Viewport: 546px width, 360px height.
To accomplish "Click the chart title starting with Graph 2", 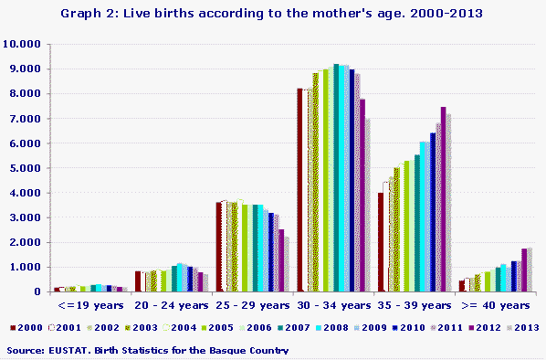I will [x=273, y=14].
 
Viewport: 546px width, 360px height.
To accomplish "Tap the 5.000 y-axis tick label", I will [x=24, y=168].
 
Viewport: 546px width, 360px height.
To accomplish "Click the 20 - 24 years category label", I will [x=172, y=305].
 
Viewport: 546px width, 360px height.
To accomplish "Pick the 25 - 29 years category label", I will [x=252, y=305].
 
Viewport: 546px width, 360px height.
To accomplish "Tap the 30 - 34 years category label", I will [x=333, y=305].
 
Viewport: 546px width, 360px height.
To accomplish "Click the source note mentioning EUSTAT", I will [x=147, y=350].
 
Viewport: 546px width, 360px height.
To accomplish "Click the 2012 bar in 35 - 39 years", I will [x=444, y=199].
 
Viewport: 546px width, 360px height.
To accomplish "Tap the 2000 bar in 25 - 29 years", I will [x=218, y=247].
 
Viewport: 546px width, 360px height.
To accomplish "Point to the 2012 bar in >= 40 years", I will [x=524, y=270].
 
